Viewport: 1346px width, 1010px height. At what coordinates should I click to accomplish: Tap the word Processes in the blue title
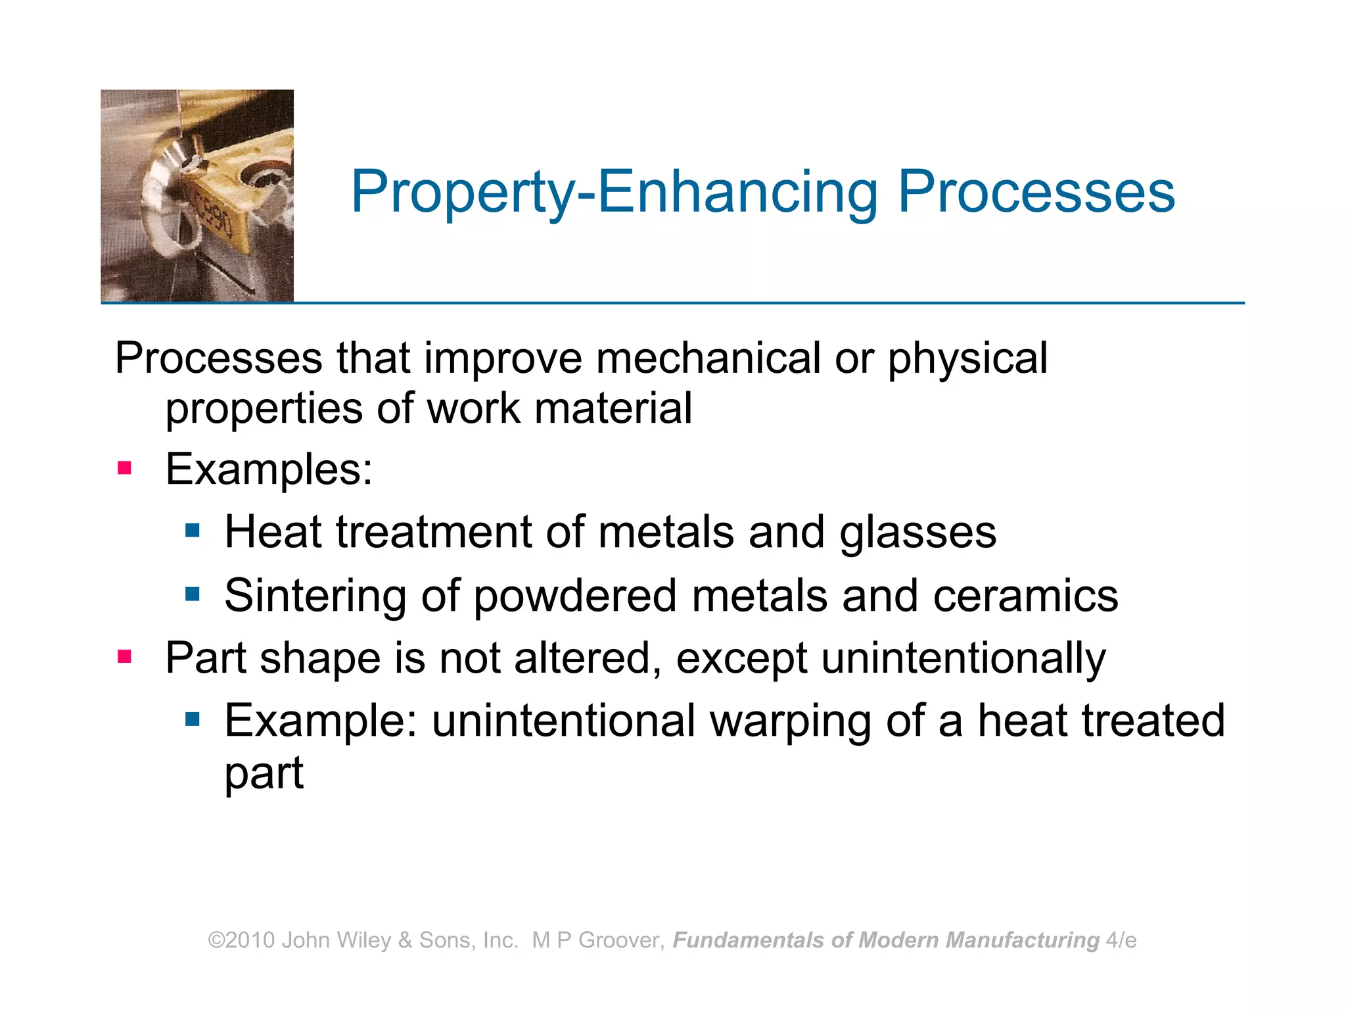(1036, 193)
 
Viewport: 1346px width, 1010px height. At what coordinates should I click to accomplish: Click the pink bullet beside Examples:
(124, 469)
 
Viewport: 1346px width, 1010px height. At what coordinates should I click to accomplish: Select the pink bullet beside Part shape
(124, 656)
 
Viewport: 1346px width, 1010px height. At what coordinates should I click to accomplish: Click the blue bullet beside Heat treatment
(192, 531)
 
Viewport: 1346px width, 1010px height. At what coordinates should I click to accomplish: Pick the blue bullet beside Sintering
(192, 594)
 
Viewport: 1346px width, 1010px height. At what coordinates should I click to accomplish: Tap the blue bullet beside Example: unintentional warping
(192, 719)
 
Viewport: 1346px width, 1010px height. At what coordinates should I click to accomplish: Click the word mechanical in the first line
(708, 358)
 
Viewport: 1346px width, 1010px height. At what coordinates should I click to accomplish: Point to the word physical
(967, 360)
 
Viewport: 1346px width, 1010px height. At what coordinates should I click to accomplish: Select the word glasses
(917, 533)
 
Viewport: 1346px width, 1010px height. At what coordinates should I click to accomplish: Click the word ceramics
(1025, 596)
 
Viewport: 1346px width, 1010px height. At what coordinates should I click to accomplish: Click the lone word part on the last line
(264, 773)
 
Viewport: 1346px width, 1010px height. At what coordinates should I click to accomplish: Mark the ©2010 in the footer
(241, 940)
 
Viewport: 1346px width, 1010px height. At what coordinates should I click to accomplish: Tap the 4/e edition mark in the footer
(1121, 940)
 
